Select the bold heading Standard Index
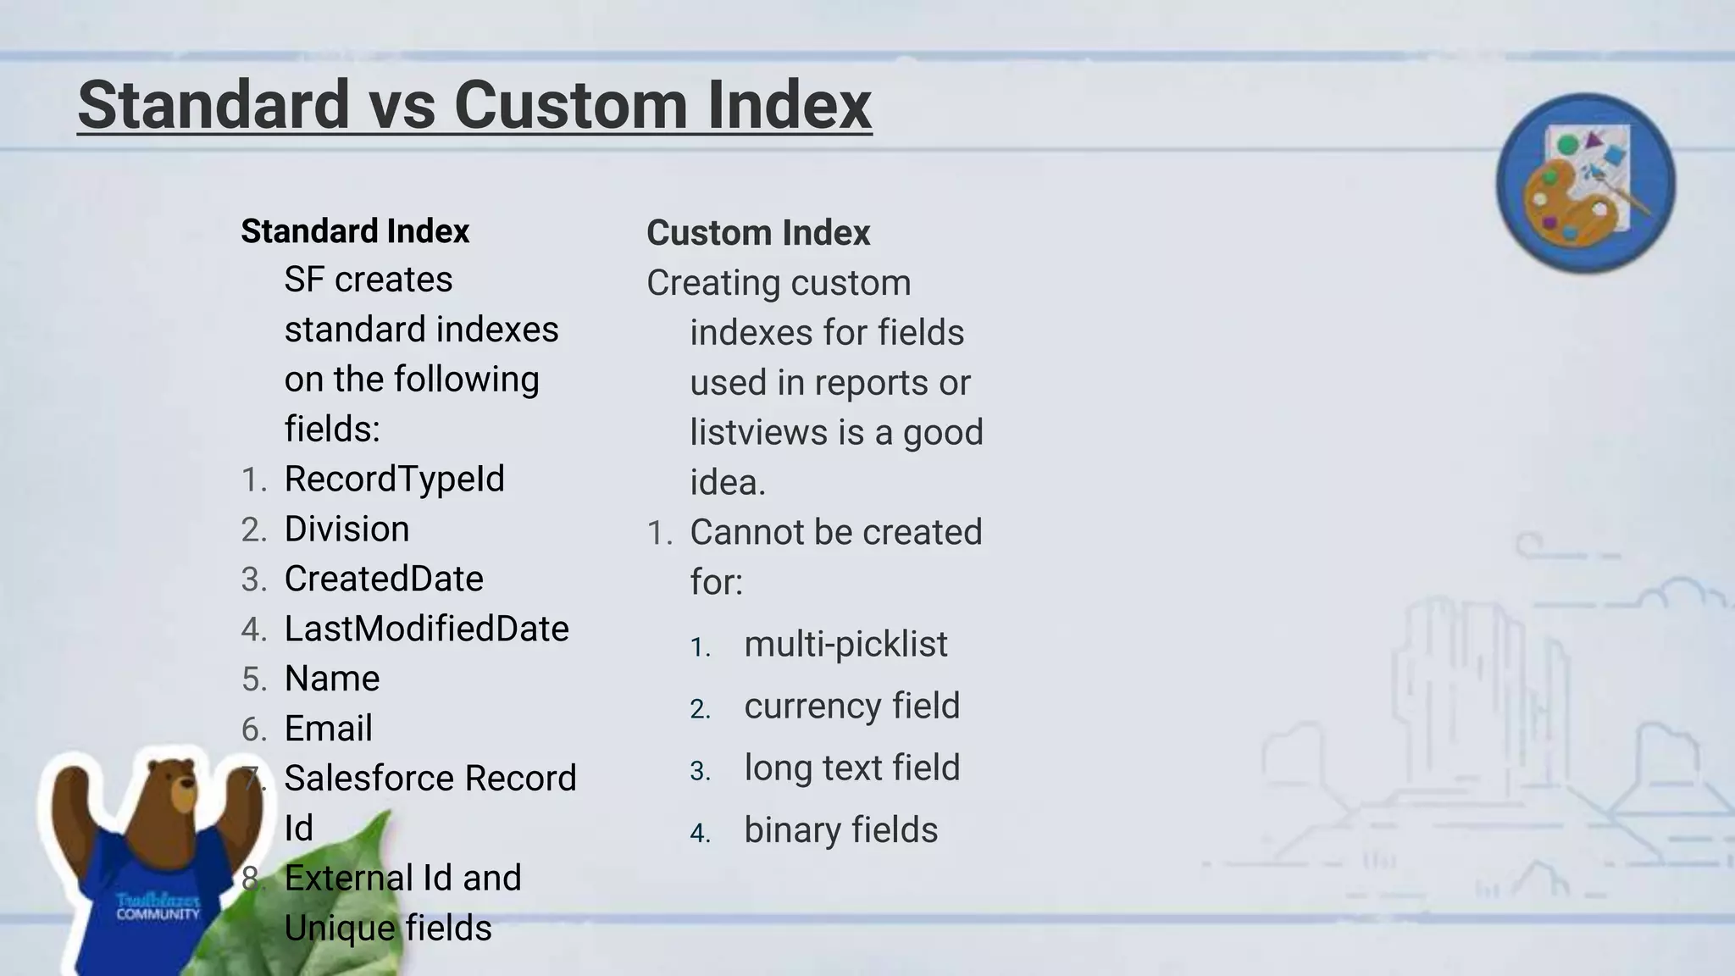click(x=355, y=231)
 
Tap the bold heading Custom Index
click(x=758, y=233)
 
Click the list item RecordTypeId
click(x=394, y=479)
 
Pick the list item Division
click(x=346, y=529)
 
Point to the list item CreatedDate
click(x=384, y=579)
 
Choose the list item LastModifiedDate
click(x=426, y=629)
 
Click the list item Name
click(x=332, y=679)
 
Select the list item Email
click(x=328, y=729)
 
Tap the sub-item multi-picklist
click(x=845, y=644)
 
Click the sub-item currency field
click(x=851, y=706)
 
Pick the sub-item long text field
click(x=851, y=768)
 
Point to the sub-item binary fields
click(x=840, y=829)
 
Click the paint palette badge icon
click(x=1585, y=183)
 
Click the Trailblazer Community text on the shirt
click(x=158, y=907)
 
